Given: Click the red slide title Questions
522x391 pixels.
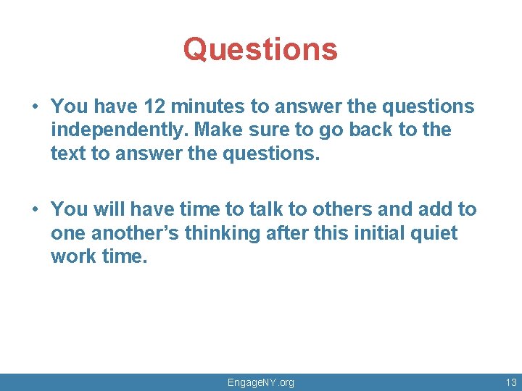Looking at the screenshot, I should tap(260, 49).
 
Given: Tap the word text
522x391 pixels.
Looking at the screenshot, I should tap(67, 154).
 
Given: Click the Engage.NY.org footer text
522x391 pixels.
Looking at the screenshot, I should tap(261, 382).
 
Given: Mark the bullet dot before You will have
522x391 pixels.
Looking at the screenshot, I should tap(35, 210).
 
